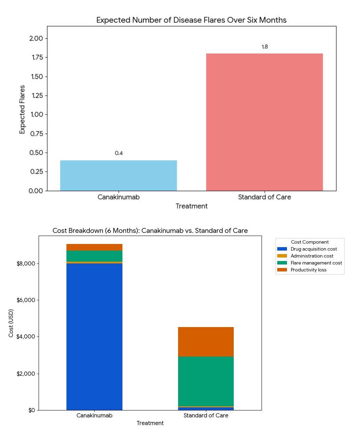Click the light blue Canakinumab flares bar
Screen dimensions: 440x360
[118, 176]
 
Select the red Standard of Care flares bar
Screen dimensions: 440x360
[264, 122]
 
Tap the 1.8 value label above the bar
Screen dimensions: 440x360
[265, 47]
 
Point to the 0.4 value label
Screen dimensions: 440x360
[119, 153]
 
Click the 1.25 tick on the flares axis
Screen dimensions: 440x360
[37, 96]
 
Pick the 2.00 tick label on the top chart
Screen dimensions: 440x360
[36, 39]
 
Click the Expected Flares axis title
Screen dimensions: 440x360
[22, 109]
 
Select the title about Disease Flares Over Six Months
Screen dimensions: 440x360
[191, 20]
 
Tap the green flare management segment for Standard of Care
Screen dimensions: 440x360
[206, 381]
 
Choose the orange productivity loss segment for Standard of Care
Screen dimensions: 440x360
[206, 342]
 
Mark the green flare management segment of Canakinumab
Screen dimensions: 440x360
[94, 256]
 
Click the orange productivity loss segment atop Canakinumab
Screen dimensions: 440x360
[94, 247]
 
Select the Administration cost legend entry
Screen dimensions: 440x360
[312, 256]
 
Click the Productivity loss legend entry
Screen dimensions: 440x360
[308, 270]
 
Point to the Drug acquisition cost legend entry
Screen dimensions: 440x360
[313, 249]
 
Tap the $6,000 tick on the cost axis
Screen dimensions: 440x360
[26, 300]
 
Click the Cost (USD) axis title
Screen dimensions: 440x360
[11, 323]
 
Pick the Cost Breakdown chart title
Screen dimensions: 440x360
[150, 231]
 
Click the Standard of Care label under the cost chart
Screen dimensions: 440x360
[206, 416]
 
